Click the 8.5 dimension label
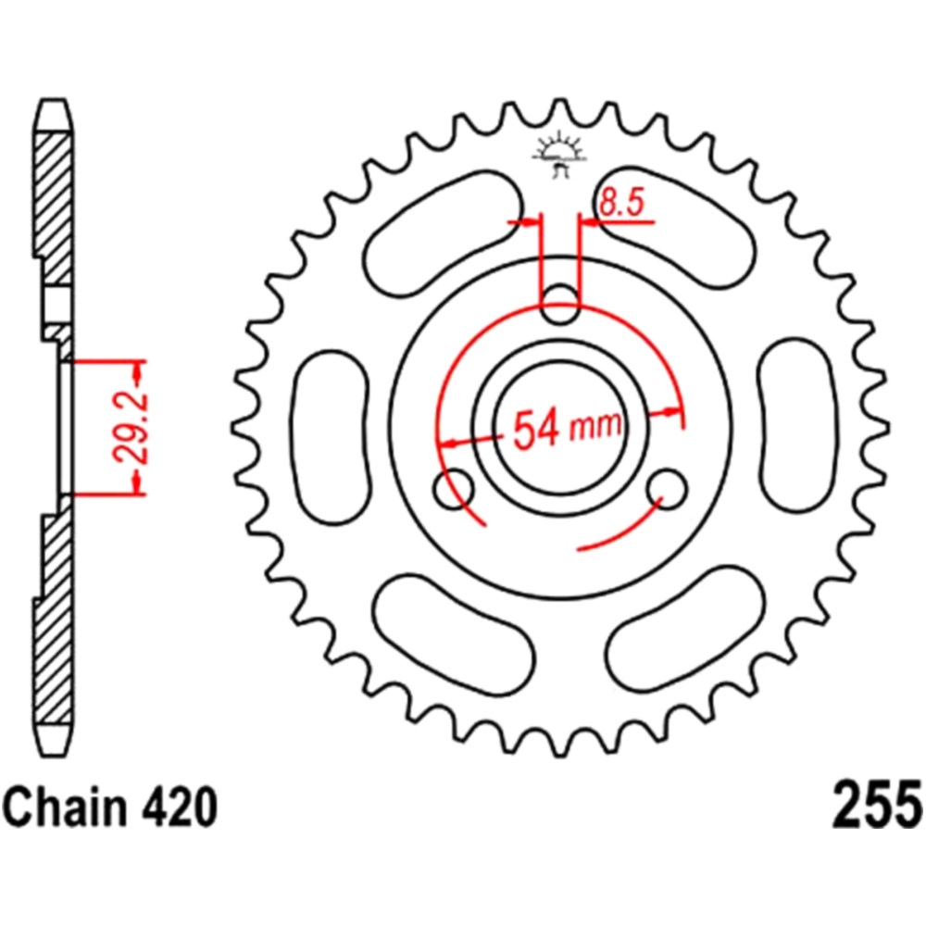click(x=620, y=203)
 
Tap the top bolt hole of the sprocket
click(x=560, y=304)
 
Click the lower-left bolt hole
click(x=454, y=488)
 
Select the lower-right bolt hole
click(x=668, y=488)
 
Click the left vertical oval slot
click(x=332, y=438)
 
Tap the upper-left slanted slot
click(x=443, y=234)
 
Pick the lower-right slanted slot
click(x=686, y=628)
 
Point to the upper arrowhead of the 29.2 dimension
click(x=138, y=371)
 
